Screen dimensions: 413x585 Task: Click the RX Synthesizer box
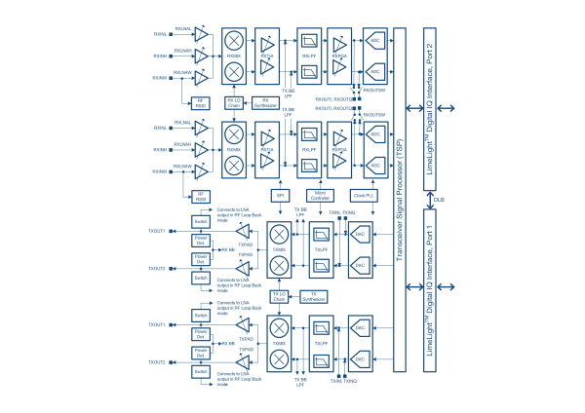[x=266, y=100]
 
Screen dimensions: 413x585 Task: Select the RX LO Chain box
[x=234, y=100]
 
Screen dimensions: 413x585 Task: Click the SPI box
[x=280, y=196]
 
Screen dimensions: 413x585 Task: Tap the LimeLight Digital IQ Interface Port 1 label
[x=432, y=293]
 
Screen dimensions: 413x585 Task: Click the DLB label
[x=439, y=199]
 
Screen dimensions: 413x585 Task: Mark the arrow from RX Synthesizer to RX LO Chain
[x=250, y=100]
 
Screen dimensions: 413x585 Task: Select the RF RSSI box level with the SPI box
[x=201, y=196]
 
